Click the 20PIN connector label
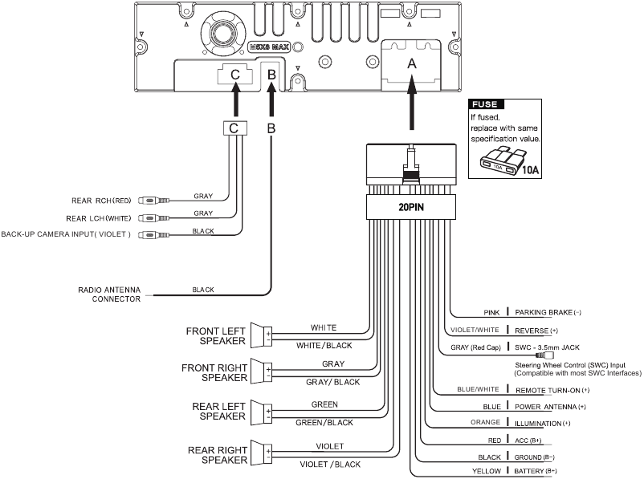click(x=410, y=207)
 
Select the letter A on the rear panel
click(x=412, y=62)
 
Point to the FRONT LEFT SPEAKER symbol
click(x=261, y=335)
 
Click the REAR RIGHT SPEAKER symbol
click(x=261, y=453)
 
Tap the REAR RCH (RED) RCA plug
click(x=149, y=201)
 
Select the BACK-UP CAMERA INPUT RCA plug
click(x=149, y=234)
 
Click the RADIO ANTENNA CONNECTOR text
click(x=109, y=294)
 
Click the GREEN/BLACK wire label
click(x=324, y=422)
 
